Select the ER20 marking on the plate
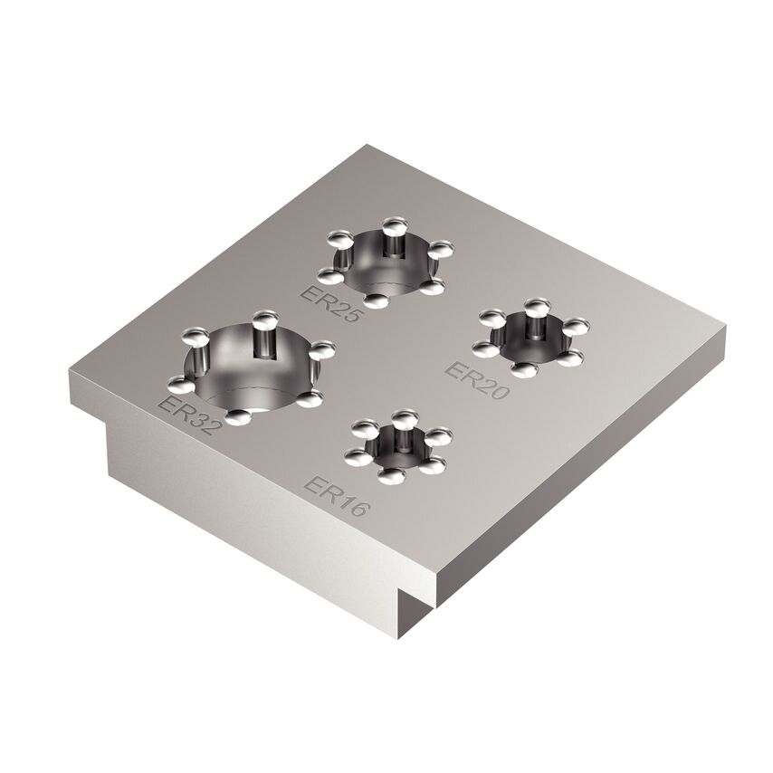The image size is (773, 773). coord(478,381)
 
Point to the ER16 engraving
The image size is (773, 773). coord(337,496)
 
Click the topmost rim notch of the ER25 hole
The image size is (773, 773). coord(392,224)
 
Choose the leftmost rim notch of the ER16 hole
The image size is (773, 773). coord(355,450)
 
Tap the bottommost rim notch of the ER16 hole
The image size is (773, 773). coord(391,475)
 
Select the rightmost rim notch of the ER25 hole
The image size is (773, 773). coord(441,249)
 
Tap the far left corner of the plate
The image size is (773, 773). coord(67,371)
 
